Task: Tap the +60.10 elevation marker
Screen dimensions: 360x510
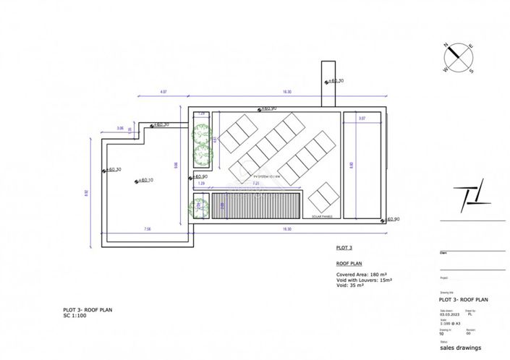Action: tap(144, 180)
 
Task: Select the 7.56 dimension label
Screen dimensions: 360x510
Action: tap(147, 229)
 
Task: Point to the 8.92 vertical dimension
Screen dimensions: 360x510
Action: tap(88, 192)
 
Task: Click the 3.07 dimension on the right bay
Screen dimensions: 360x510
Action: tap(362, 118)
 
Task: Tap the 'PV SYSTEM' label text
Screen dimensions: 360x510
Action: tap(265, 175)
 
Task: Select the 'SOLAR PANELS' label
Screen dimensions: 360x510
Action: tap(322, 216)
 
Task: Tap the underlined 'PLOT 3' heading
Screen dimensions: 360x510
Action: tap(344, 248)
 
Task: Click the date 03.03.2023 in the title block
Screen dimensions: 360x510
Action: tap(450, 315)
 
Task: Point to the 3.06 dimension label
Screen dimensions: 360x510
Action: tap(119, 129)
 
